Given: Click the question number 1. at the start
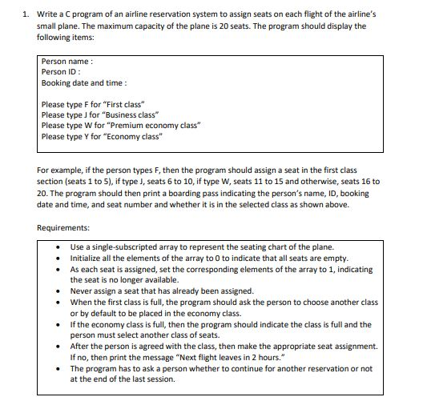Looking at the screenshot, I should [26, 14].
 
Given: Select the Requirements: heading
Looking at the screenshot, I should [69, 227].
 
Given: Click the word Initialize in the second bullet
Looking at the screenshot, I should [88, 259].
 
